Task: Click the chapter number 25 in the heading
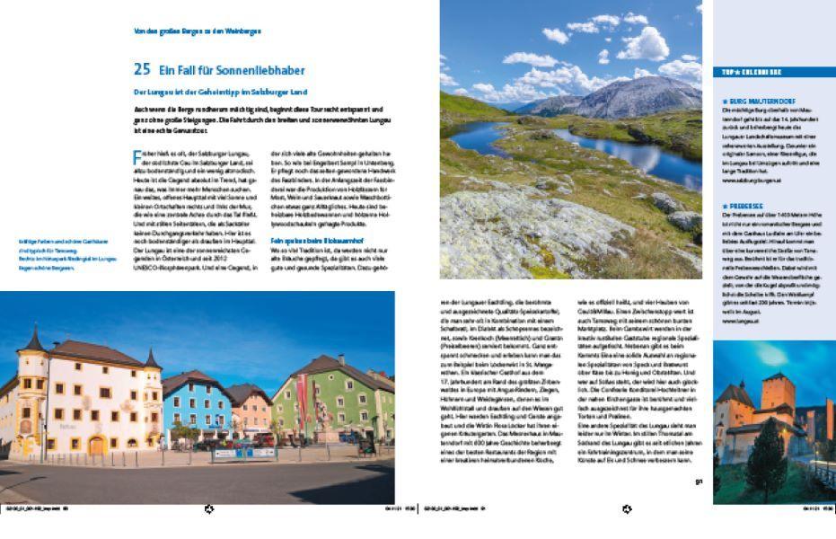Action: coord(141,69)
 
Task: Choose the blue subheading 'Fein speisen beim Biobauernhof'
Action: coord(312,241)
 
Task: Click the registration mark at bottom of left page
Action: coord(209,509)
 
